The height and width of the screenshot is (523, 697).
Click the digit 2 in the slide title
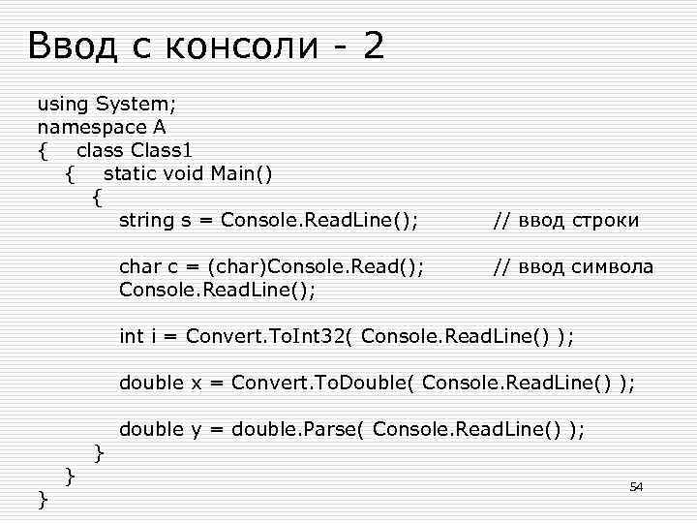374,46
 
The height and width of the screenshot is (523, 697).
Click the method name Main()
244,173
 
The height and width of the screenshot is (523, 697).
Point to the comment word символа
611,266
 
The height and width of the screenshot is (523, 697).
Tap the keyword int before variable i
131,336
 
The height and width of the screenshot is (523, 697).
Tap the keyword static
129,173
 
